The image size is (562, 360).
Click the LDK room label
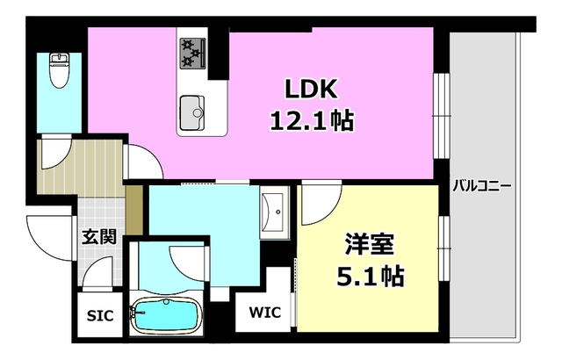point(310,90)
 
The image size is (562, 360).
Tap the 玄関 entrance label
point(99,236)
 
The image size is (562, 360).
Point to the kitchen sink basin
point(194,111)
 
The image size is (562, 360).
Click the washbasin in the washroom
point(274,210)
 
